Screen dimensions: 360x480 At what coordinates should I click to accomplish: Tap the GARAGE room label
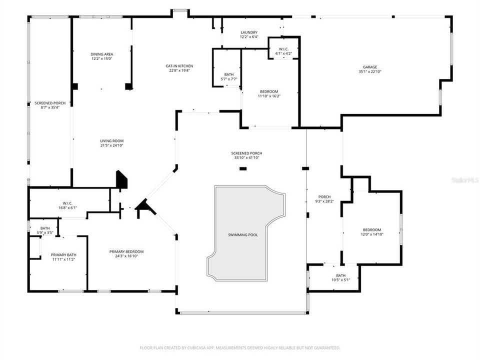coord(370,67)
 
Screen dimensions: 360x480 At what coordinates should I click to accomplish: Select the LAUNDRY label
coord(248,32)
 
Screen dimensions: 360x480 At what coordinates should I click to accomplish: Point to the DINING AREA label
coord(101,54)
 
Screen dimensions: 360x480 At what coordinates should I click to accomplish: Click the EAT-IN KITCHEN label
coord(179,66)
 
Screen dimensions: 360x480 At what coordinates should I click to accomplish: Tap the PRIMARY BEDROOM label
coord(126,251)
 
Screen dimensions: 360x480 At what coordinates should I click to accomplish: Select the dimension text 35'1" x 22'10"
coord(370,71)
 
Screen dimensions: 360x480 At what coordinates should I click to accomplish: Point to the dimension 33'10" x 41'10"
coord(246,158)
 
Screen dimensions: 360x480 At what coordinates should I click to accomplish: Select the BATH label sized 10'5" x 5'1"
coord(340,275)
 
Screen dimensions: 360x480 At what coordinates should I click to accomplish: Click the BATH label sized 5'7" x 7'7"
coord(229,74)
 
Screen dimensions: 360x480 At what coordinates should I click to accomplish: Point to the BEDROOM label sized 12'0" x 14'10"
coord(371,229)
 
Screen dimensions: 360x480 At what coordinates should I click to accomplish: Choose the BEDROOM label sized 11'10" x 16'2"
coord(268,91)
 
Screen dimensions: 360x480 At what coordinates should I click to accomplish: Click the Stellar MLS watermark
coord(464,178)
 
